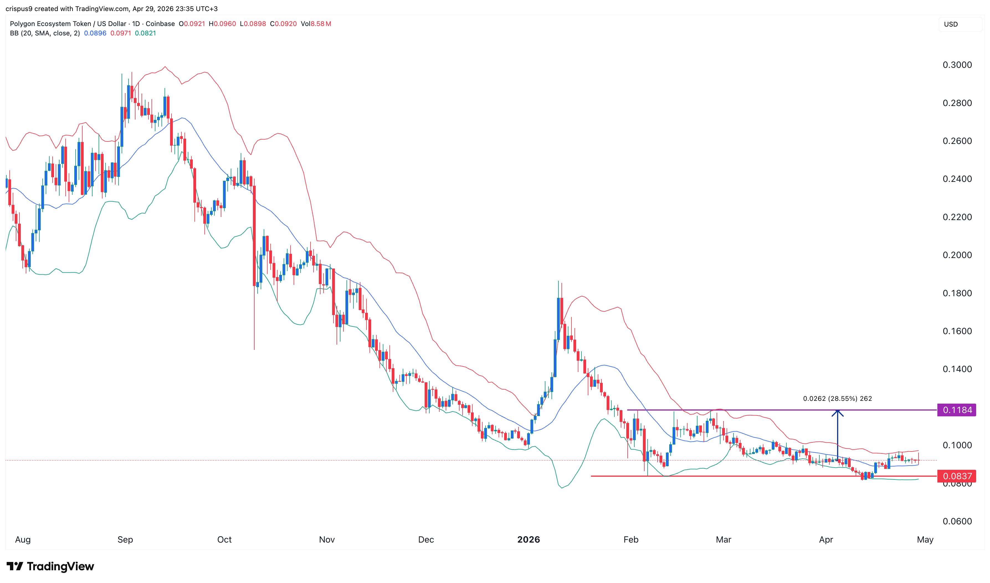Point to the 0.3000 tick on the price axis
click(957, 65)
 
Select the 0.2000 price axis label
click(957, 255)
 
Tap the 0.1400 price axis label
click(957, 369)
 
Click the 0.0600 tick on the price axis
click(957, 521)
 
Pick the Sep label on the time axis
click(125, 539)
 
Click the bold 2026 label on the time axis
click(528, 539)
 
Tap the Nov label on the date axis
click(327, 539)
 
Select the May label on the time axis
click(925, 539)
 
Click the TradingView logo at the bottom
click(50, 566)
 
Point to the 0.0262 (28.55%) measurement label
click(837, 398)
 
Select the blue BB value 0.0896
click(95, 33)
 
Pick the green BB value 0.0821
click(145, 33)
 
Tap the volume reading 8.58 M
click(320, 24)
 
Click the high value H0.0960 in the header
click(222, 24)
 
